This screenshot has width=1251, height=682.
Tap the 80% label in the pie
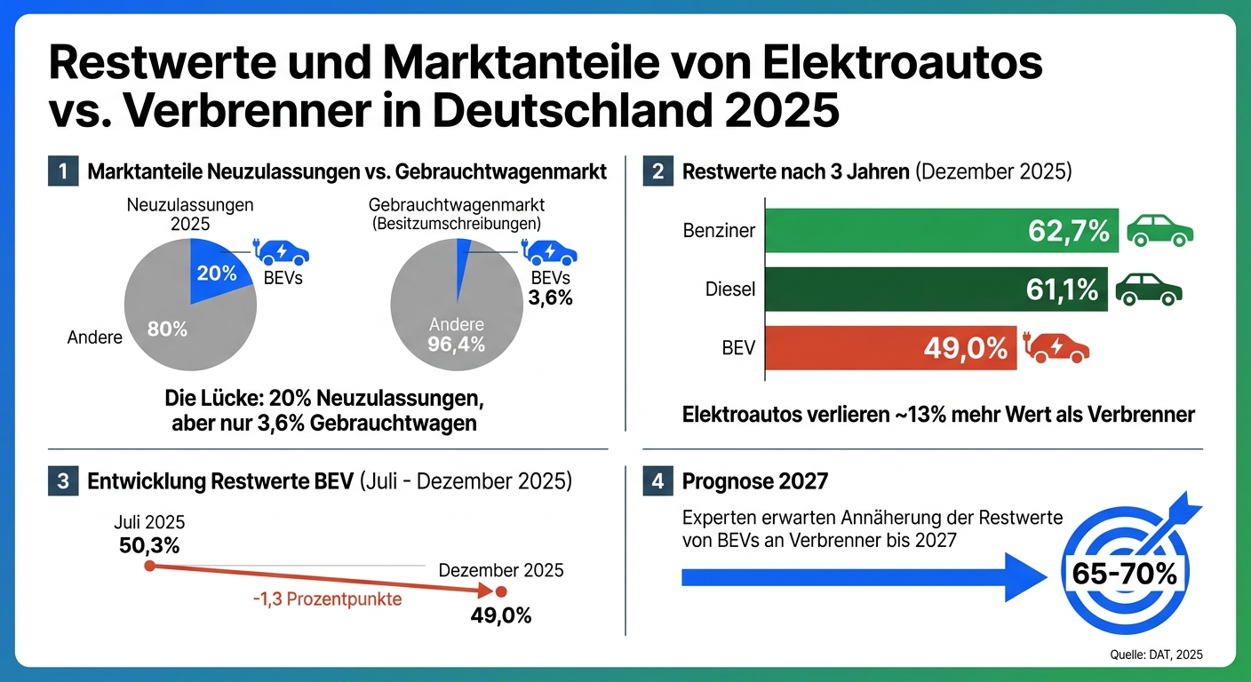coord(167,329)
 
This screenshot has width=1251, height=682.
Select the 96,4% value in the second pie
coord(456,345)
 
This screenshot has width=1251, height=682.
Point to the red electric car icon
coord(1057,348)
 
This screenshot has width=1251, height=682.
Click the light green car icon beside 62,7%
coord(1159,232)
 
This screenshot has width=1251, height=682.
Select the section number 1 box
coord(62,171)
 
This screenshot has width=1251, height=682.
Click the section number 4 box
coord(657,482)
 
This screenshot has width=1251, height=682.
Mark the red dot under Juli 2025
coord(149,566)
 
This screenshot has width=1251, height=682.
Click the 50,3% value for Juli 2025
coord(149,543)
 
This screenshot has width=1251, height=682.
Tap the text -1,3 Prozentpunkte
coord(326,599)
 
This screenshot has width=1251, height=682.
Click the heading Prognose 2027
coord(755,482)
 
